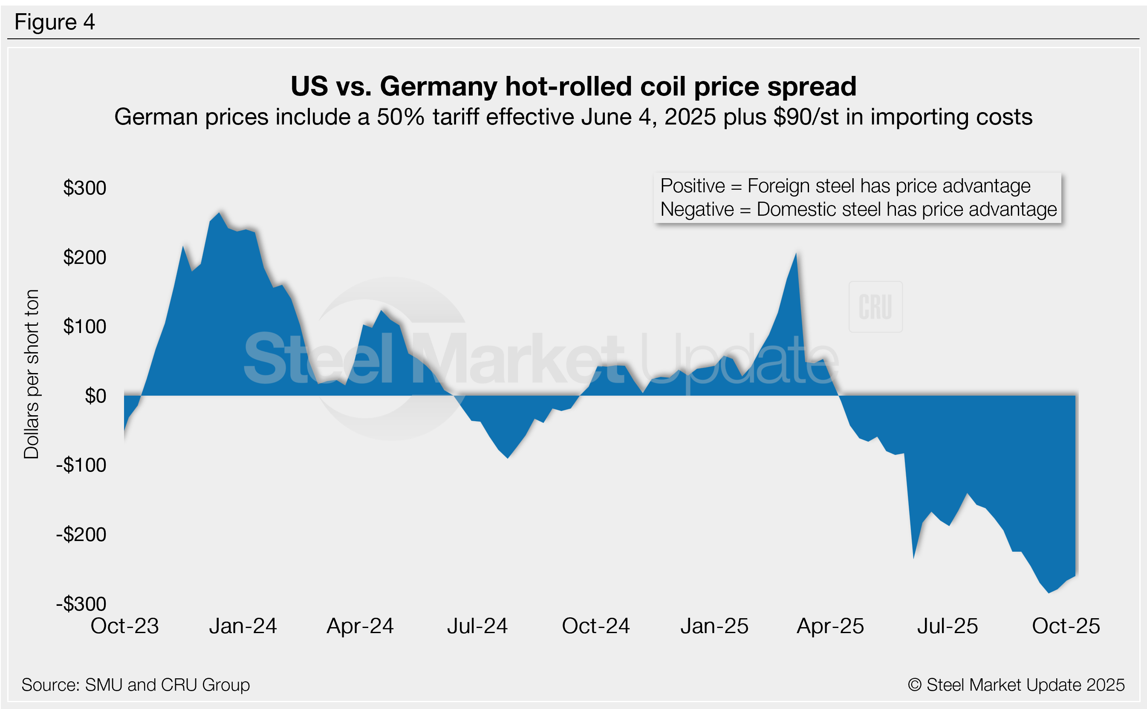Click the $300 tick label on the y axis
85,188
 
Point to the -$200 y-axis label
81,535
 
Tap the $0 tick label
95,396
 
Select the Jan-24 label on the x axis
243,626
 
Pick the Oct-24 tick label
596,626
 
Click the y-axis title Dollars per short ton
32,374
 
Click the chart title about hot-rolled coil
573,86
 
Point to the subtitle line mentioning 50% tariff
573,117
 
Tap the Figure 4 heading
55,22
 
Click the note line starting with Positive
845,186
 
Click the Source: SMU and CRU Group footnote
136,685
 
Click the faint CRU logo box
875,307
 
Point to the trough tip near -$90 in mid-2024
508,457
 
